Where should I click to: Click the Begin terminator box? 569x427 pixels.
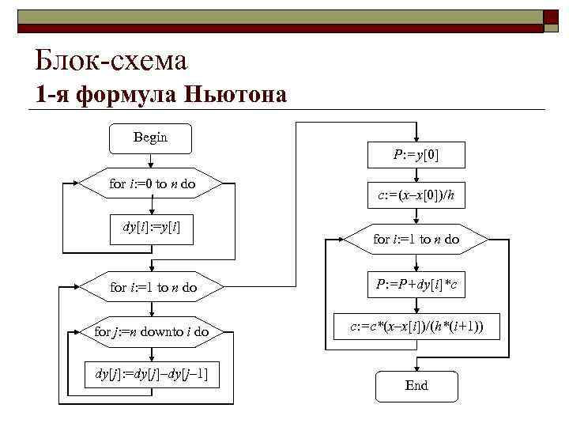pyautogui.click(x=150, y=138)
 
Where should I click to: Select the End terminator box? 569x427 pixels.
pyautogui.click(x=416, y=385)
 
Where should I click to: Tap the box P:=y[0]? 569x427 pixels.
pyautogui.click(x=416, y=156)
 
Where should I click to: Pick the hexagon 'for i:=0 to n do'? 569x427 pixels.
pyautogui.click(x=152, y=183)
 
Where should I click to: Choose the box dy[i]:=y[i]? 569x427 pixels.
pyautogui.click(x=152, y=228)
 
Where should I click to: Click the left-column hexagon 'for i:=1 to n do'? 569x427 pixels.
pyautogui.click(x=152, y=287)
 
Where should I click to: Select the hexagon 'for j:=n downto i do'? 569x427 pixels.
pyautogui.click(x=152, y=331)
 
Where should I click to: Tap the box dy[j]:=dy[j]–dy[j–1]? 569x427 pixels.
pyautogui.click(x=152, y=373)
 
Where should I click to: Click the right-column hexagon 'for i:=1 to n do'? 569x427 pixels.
pyautogui.click(x=416, y=238)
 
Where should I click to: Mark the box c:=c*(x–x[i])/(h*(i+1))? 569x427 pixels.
pyautogui.click(x=416, y=325)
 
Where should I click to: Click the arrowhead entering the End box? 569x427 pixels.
pyautogui.click(x=416, y=366)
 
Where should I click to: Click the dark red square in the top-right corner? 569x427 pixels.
pyautogui.click(x=554, y=21)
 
